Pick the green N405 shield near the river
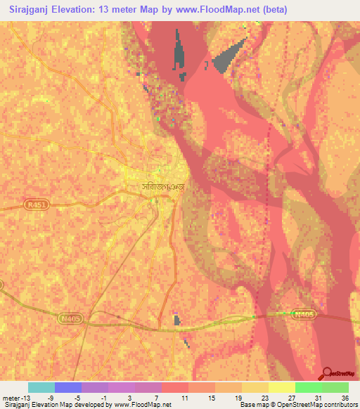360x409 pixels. coord(302,314)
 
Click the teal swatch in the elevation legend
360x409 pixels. coord(41,387)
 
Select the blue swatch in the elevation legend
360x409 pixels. coord(68,387)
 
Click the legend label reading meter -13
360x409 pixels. coord(15,397)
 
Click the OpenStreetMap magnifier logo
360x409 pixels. coord(327,373)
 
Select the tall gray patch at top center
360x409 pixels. coord(180,53)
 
